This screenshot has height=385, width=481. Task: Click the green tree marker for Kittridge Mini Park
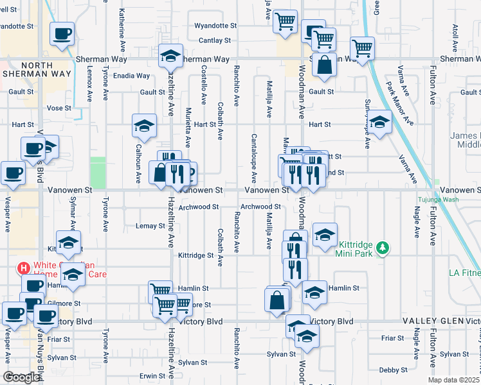[x=383, y=247]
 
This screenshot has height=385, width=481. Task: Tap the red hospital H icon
[x=24, y=267]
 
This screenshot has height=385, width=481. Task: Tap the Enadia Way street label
[x=132, y=76]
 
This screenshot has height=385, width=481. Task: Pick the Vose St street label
[x=59, y=108]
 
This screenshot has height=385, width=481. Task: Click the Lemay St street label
[x=151, y=226]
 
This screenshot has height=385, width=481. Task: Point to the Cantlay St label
[x=215, y=40]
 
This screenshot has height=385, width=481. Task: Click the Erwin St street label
[x=153, y=375]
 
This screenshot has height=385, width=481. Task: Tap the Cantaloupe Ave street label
[x=254, y=157]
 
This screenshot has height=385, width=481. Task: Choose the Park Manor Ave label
[x=397, y=101]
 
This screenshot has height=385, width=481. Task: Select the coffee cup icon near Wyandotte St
[x=62, y=33]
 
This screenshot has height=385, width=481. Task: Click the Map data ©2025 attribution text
[x=454, y=380]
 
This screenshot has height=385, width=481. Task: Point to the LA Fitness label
[x=465, y=274]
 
